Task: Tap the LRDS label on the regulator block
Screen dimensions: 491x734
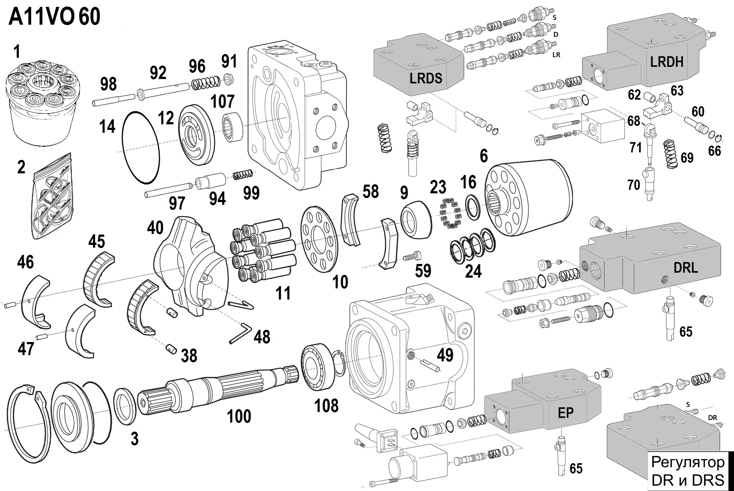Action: pyautogui.click(x=426, y=78)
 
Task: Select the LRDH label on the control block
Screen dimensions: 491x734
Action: pyautogui.click(x=667, y=62)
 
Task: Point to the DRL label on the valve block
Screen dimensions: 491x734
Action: pyautogui.click(x=686, y=268)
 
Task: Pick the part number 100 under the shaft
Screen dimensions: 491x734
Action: pyautogui.click(x=239, y=416)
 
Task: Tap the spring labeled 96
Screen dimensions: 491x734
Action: pyautogui.click(x=206, y=83)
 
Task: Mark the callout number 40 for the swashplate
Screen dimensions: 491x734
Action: pyautogui.click(x=155, y=228)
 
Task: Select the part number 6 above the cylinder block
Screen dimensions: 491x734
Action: pyautogui.click(x=484, y=156)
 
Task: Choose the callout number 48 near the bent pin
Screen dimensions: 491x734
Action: pyautogui.click(x=262, y=337)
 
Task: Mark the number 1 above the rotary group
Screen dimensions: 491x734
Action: pyautogui.click(x=17, y=51)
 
